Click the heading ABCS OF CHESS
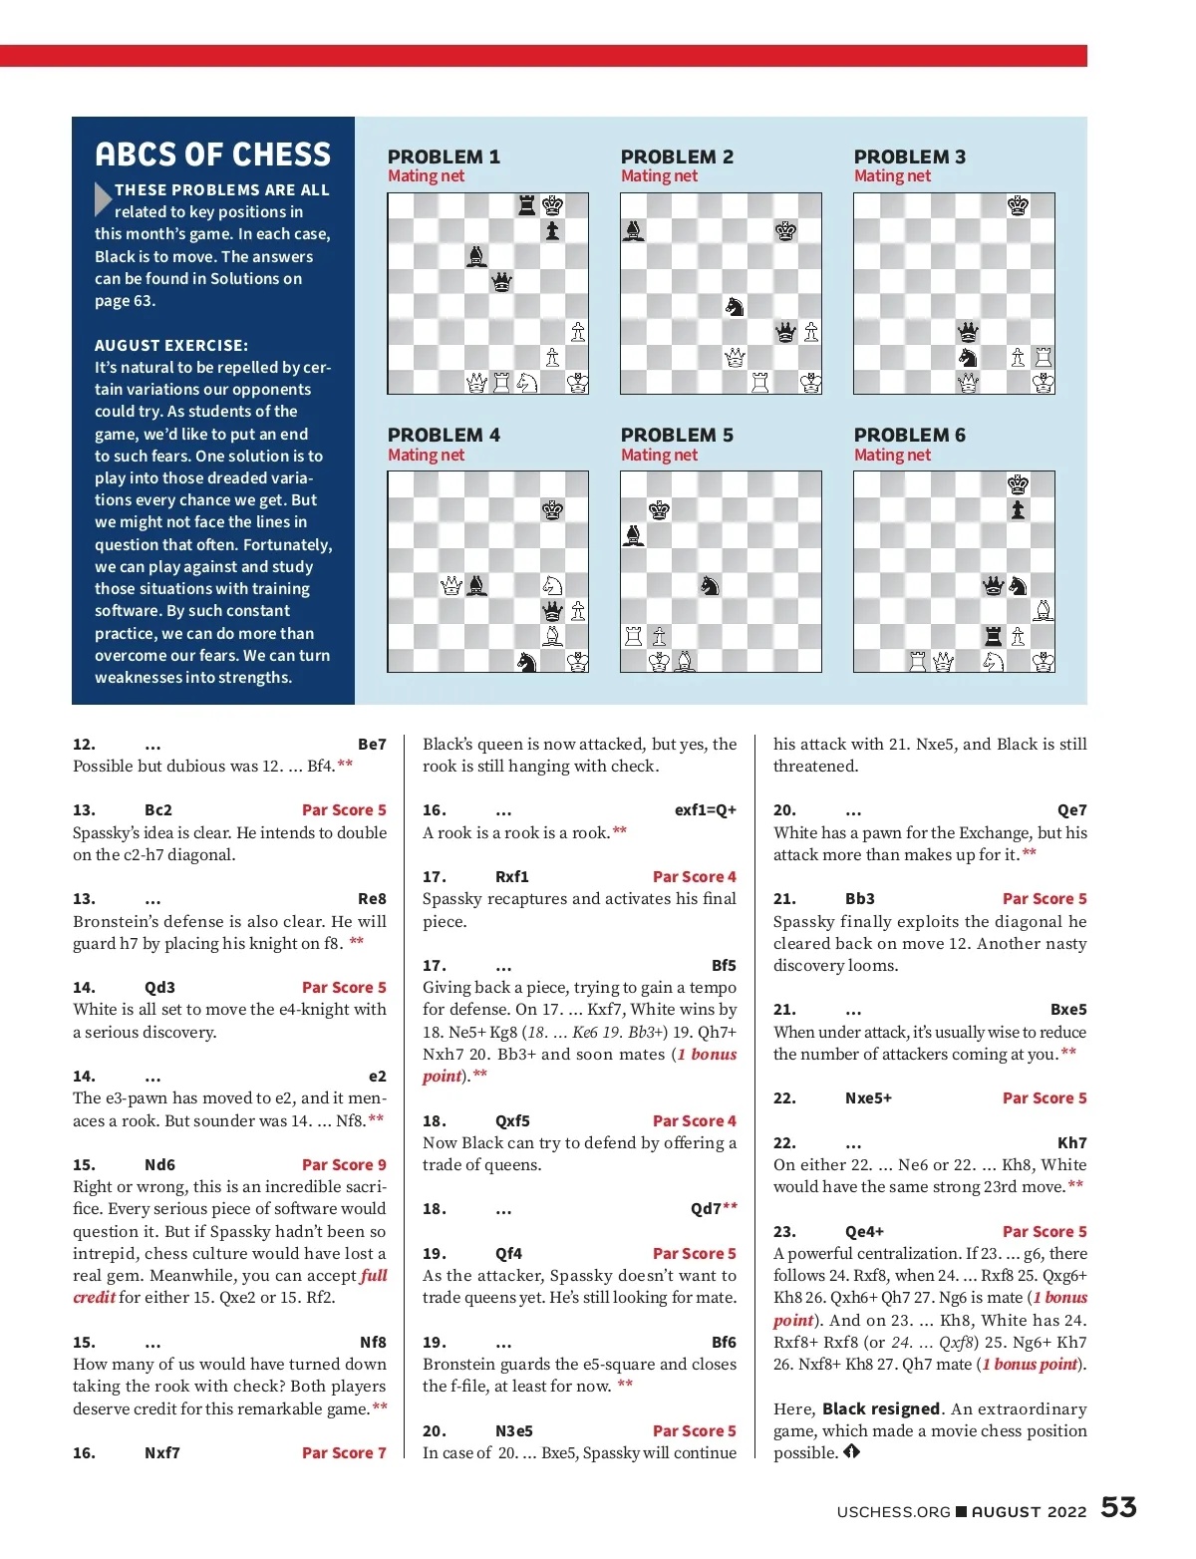pos(212,155)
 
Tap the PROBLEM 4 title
pos(444,435)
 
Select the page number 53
pos(1118,1507)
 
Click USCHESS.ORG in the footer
pos(893,1511)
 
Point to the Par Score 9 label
pos(344,1164)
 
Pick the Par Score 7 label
pos(344,1452)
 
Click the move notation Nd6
pos(159,1164)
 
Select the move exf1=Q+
pos(705,809)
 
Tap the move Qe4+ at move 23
pos(864,1231)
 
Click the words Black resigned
pos(881,1408)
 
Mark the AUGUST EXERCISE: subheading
pos(171,345)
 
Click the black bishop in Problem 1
pos(476,256)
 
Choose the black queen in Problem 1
pos(502,281)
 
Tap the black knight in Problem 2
pos(735,306)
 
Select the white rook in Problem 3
pos(1043,357)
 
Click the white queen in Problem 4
pos(451,586)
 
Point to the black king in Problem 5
pos(659,510)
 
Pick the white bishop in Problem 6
pos(1043,610)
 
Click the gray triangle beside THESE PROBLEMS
pos(103,199)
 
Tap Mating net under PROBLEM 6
pos(892,455)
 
